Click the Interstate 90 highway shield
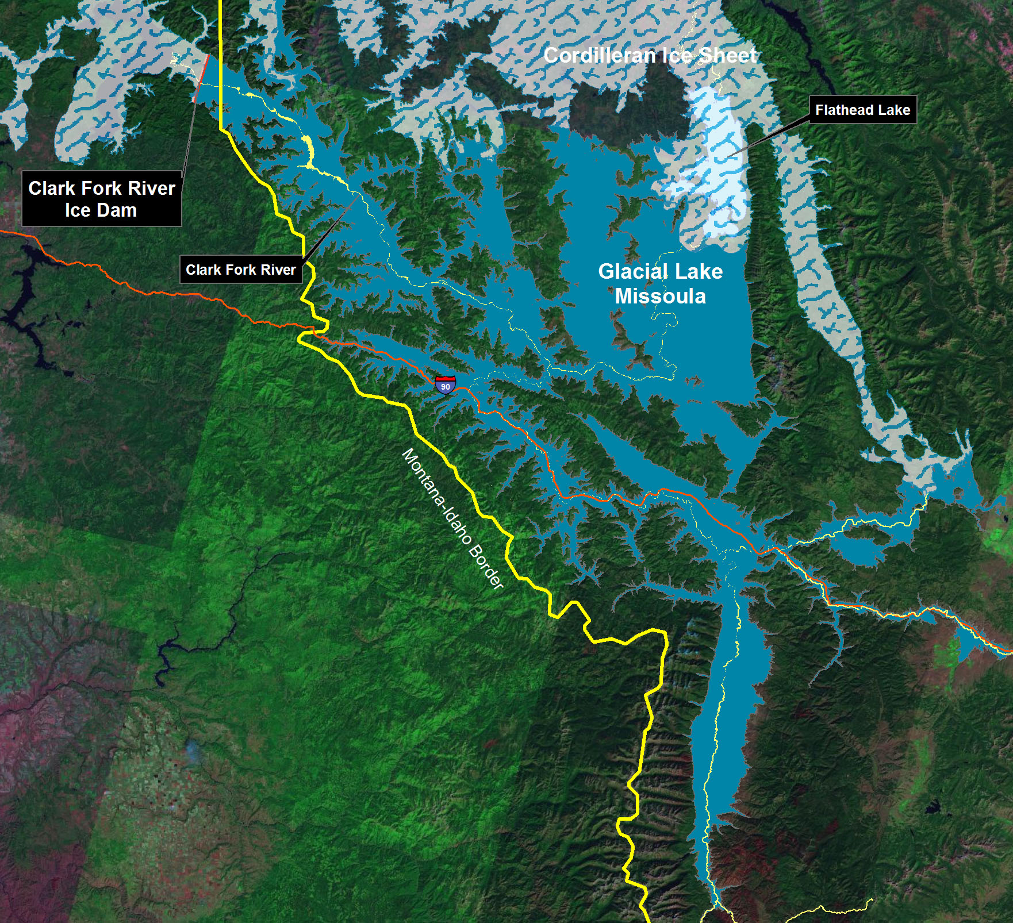click(445, 384)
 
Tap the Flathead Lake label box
click(862, 110)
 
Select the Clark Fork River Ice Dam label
click(102, 199)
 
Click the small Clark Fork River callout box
click(240, 270)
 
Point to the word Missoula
click(660, 296)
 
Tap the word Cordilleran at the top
click(590, 56)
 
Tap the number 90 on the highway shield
click(445, 387)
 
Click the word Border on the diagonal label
click(486, 567)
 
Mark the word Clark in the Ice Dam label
click(52, 189)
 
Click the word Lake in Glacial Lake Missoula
click(699, 271)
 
